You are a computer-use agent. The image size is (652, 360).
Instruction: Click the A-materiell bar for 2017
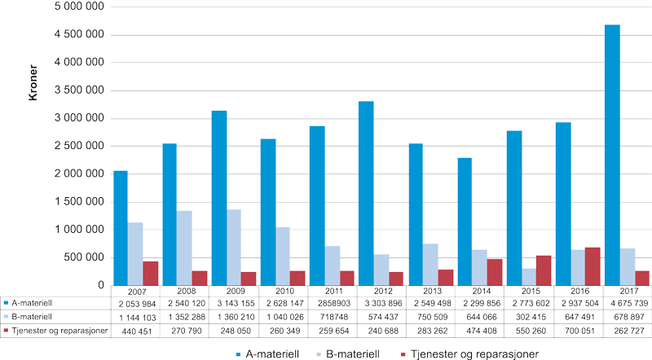coord(612,155)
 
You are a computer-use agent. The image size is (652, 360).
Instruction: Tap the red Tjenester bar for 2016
coord(570,266)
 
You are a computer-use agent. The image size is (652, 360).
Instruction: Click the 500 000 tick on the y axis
coord(84,258)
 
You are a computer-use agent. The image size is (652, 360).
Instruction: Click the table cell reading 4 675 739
coord(627,303)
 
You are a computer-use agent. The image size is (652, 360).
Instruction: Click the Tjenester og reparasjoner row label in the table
coord(54,331)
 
